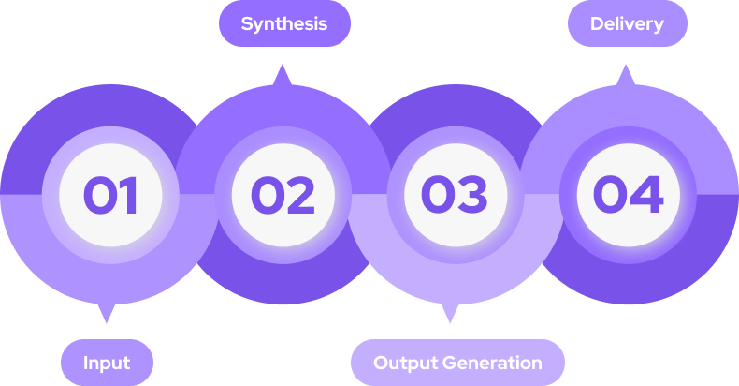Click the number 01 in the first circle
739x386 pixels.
(110, 195)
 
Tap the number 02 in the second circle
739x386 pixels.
(283, 195)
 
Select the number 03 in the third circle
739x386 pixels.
(454, 195)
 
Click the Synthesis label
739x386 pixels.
(284, 23)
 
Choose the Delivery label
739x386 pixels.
(627, 23)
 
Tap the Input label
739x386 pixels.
(107, 363)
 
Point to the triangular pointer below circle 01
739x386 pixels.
(107, 312)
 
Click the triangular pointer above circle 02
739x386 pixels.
(283, 76)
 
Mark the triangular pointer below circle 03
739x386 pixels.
(450, 312)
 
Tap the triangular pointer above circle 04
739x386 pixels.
(625, 76)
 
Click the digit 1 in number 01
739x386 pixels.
(129, 195)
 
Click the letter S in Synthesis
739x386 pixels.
(247, 23)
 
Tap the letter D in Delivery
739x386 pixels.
(597, 23)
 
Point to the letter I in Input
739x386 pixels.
(85, 363)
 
